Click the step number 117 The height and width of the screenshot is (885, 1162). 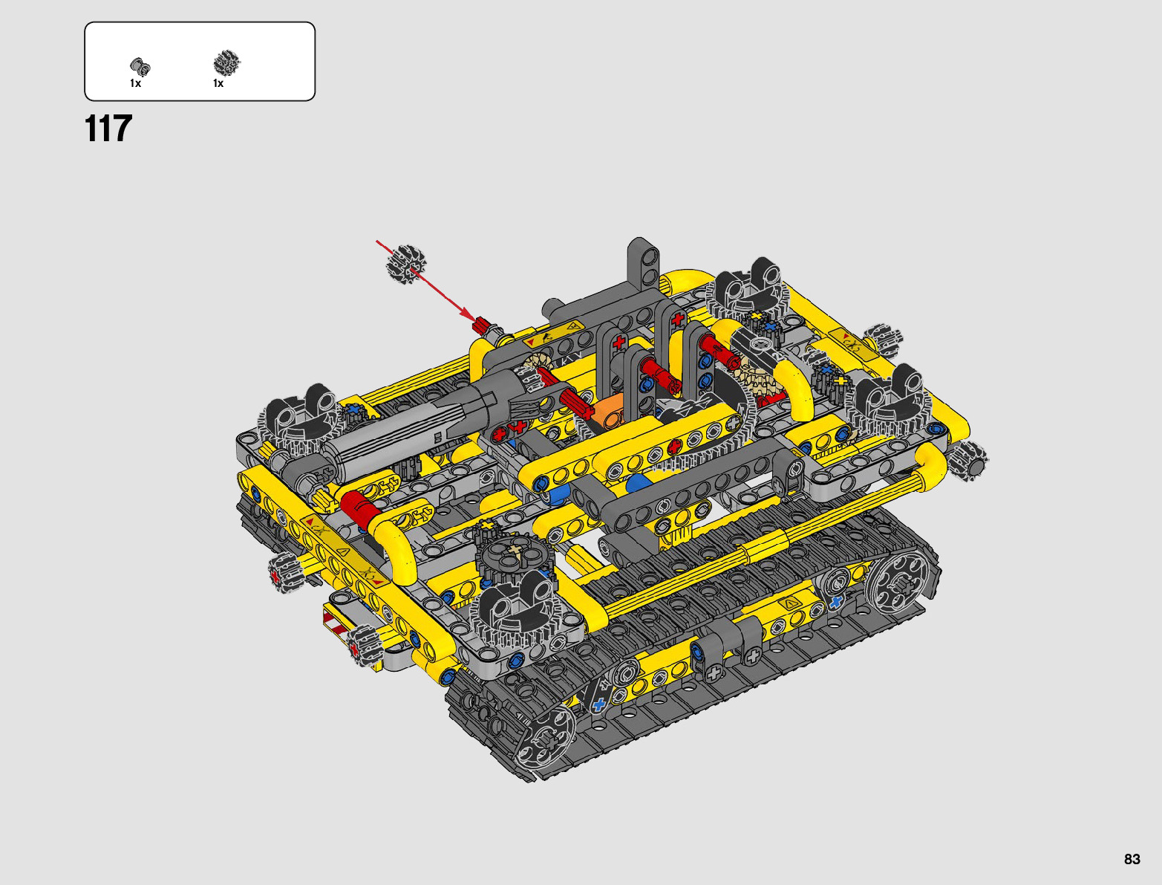tap(108, 129)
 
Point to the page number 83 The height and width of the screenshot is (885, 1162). tap(1132, 859)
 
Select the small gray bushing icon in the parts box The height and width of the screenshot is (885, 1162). tap(140, 67)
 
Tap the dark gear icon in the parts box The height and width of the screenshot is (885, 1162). tap(226, 63)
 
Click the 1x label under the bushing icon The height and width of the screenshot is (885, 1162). tap(136, 83)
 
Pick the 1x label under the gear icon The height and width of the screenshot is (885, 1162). tap(218, 83)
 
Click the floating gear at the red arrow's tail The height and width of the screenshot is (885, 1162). tap(406, 264)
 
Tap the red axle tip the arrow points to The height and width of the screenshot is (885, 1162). tap(482, 325)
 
